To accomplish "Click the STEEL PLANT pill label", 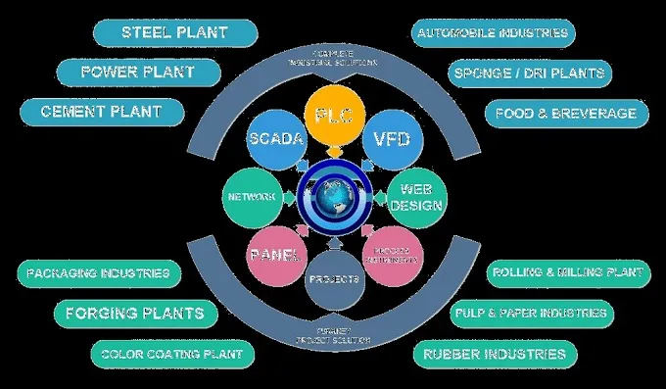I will pyautogui.click(x=174, y=32).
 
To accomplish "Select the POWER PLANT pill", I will pyautogui.click(x=137, y=72).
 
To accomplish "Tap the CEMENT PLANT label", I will pyautogui.click(x=102, y=112).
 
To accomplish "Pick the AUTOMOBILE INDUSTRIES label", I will pyautogui.click(x=493, y=33).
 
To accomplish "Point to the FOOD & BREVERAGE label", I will pyautogui.click(x=566, y=113).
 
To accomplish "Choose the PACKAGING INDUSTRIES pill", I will pyautogui.click(x=98, y=272).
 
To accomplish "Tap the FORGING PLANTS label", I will pyautogui.click(x=134, y=314).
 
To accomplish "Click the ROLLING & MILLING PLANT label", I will pyautogui.click(x=566, y=272).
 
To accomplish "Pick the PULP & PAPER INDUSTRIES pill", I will pyautogui.click(x=530, y=314).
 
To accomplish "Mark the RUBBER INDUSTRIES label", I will pyautogui.click(x=494, y=353).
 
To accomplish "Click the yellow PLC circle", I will pyautogui.click(x=333, y=115).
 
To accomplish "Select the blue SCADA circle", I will pyautogui.click(x=275, y=139).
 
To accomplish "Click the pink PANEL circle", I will pyautogui.click(x=275, y=256).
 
